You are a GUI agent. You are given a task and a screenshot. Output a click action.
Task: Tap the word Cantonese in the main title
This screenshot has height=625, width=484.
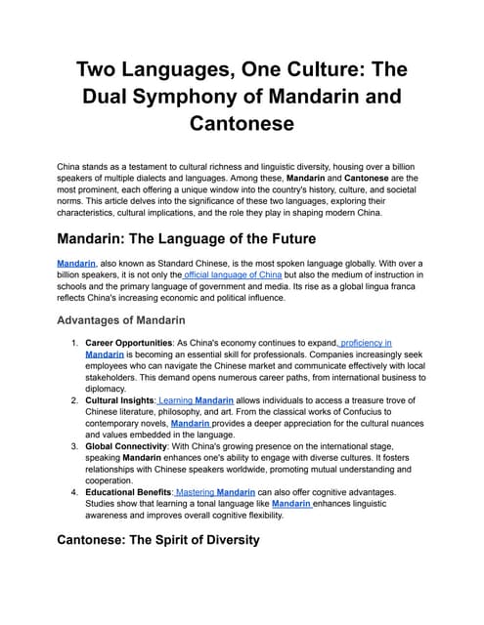[x=242, y=124]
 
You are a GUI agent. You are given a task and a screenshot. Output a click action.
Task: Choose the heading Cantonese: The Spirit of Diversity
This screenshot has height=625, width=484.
[x=158, y=539]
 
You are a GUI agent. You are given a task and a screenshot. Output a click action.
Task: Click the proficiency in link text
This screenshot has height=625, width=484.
[x=366, y=344]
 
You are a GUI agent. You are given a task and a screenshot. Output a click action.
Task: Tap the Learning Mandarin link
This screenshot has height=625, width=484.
[x=194, y=400]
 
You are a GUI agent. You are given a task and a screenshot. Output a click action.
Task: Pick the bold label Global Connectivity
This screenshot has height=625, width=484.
[x=128, y=446]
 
